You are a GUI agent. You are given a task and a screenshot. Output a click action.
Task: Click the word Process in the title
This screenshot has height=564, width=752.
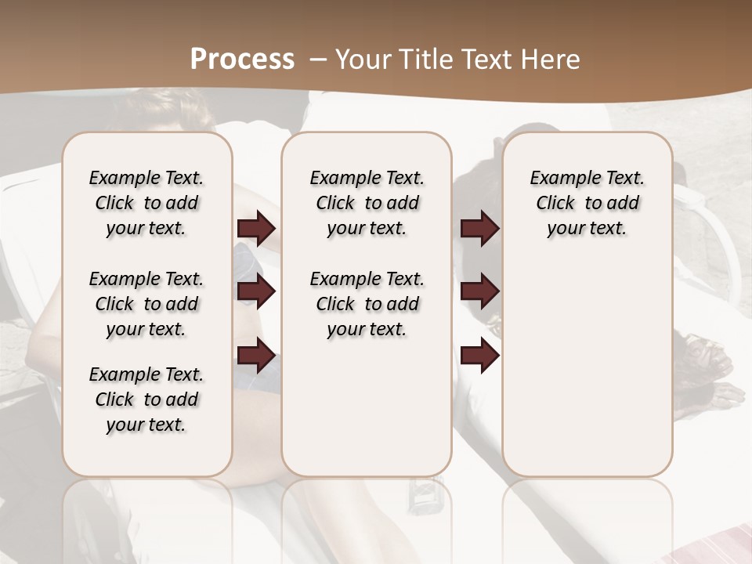242,59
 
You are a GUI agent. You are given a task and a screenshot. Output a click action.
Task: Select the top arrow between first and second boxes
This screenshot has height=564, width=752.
256,229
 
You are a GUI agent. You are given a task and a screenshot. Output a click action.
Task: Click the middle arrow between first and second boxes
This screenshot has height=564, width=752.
256,292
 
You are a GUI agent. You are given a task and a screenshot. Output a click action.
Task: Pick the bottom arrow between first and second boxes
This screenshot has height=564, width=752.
256,356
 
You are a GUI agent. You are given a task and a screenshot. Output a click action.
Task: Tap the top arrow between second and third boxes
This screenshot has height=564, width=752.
479,229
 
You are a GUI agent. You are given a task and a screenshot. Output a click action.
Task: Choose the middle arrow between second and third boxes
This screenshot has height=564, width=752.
479,292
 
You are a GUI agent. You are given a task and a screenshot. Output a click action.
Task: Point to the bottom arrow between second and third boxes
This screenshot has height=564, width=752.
479,356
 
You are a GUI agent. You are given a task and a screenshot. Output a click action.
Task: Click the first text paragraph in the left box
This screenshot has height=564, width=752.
146,203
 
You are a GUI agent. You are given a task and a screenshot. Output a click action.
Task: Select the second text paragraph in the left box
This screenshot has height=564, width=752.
146,304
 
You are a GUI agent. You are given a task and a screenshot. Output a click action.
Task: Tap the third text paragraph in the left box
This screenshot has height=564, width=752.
146,399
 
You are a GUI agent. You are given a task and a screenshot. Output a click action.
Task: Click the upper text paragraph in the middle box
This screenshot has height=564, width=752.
367,203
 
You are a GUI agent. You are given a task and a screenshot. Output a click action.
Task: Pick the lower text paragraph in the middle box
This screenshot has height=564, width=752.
367,304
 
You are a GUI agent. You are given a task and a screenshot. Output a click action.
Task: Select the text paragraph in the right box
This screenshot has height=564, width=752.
587,203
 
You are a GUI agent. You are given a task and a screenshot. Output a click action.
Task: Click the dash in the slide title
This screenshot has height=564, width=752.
318,59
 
